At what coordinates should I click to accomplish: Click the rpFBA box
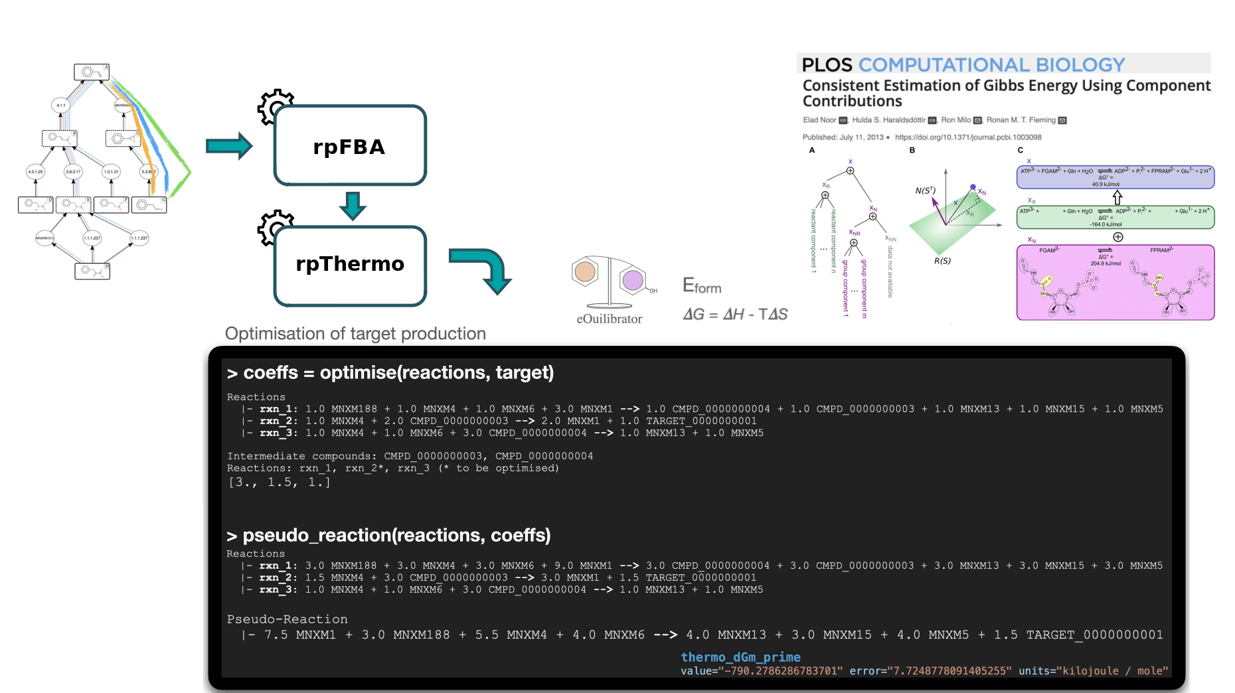point(350,146)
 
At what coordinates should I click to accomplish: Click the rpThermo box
point(350,265)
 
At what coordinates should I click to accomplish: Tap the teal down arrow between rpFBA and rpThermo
point(353,206)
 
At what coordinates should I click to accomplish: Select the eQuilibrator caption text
point(609,319)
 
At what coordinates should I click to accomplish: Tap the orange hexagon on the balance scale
point(585,271)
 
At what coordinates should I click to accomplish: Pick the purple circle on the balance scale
point(633,280)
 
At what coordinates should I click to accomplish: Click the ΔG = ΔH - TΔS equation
point(735,314)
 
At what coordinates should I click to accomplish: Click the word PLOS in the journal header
point(827,65)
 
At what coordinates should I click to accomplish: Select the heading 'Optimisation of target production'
point(355,333)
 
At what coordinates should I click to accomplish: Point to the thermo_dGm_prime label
point(740,656)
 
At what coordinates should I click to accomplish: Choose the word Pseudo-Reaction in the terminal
point(287,619)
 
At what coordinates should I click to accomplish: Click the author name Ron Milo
point(955,120)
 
